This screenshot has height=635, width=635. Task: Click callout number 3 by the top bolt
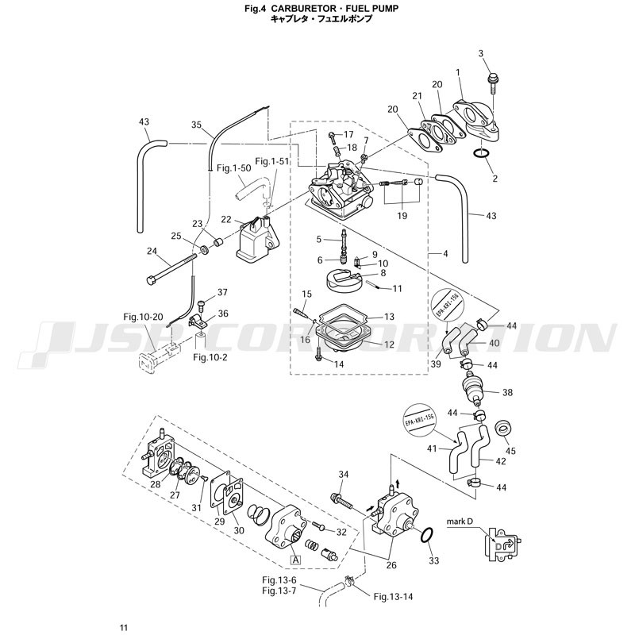click(x=481, y=53)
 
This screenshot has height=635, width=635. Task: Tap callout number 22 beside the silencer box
click(x=226, y=220)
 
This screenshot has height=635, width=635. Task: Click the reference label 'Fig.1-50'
click(x=234, y=168)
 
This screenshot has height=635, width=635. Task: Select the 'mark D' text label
click(x=460, y=521)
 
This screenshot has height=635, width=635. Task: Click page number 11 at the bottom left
click(x=124, y=628)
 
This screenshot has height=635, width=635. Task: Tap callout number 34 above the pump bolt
click(x=344, y=475)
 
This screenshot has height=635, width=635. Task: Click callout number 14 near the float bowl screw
click(x=339, y=364)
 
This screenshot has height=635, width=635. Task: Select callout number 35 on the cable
click(x=197, y=125)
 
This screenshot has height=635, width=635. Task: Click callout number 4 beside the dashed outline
click(x=445, y=254)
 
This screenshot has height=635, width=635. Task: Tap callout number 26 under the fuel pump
click(x=391, y=565)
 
